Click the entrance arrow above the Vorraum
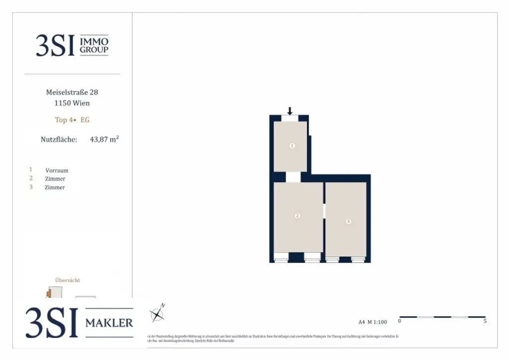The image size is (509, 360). (x=290, y=111)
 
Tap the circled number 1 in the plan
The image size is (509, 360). (x=292, y=146)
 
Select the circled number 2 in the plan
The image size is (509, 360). (x=297, y=216)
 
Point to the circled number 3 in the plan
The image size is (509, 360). (x=348, y=221)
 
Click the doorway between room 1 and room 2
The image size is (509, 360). (x=293, y=177)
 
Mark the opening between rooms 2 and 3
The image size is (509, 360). (x=324, y=211)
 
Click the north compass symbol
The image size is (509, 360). (x=158, y=314)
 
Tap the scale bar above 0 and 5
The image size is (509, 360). (x=442, y=317)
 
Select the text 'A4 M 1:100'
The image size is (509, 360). (x=372, y=322)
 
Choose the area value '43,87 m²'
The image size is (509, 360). (x=104, y=140)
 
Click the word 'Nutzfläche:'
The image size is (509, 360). (x=59, y=140)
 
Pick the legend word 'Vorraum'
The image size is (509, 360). (x=57, y=171)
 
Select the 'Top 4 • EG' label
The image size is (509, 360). (x=72, y=120)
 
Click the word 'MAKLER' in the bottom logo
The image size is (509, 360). (x=109, y=323)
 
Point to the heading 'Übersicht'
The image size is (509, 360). (x=67, y=280)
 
